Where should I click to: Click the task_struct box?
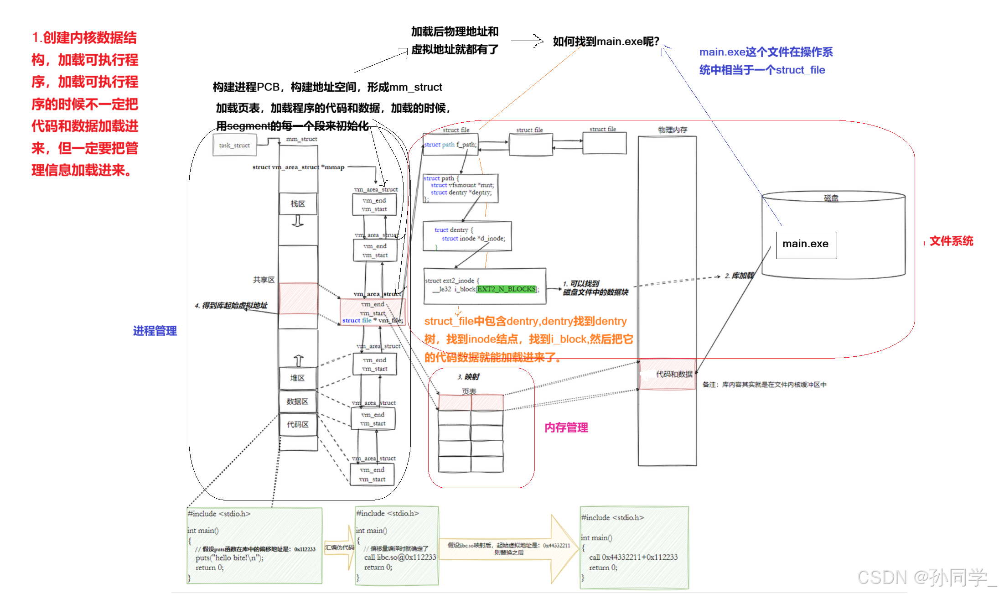(x=234, y=146)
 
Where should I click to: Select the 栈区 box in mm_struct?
(x=298, y=203)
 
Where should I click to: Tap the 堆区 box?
(x=297, y=378)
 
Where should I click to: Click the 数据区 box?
(x=297, y=401)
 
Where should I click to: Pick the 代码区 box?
(x=298, y=425)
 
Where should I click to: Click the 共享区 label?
(x=264, y=280)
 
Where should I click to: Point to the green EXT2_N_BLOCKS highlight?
(x=506, y=289)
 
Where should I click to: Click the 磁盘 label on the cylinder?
(x=831, y=198)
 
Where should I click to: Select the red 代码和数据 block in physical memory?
(x=668, y=374)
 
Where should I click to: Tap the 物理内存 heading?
(x=673, y=130)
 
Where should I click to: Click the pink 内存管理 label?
(x=566, y=427)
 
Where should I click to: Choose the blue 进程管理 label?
(x=155, y=331)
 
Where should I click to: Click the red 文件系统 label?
(x=952, y=241)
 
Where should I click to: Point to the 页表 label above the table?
(x=469, y=391)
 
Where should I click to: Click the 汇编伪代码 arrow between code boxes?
(x=340, y=547)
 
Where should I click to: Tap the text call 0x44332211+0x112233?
(x=633, y=557)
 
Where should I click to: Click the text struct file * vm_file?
(x=373, y=320)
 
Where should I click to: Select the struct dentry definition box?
(x=467, y=236)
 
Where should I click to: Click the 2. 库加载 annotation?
(x=739, y=276)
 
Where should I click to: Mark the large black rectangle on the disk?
(x=813, y=233)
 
